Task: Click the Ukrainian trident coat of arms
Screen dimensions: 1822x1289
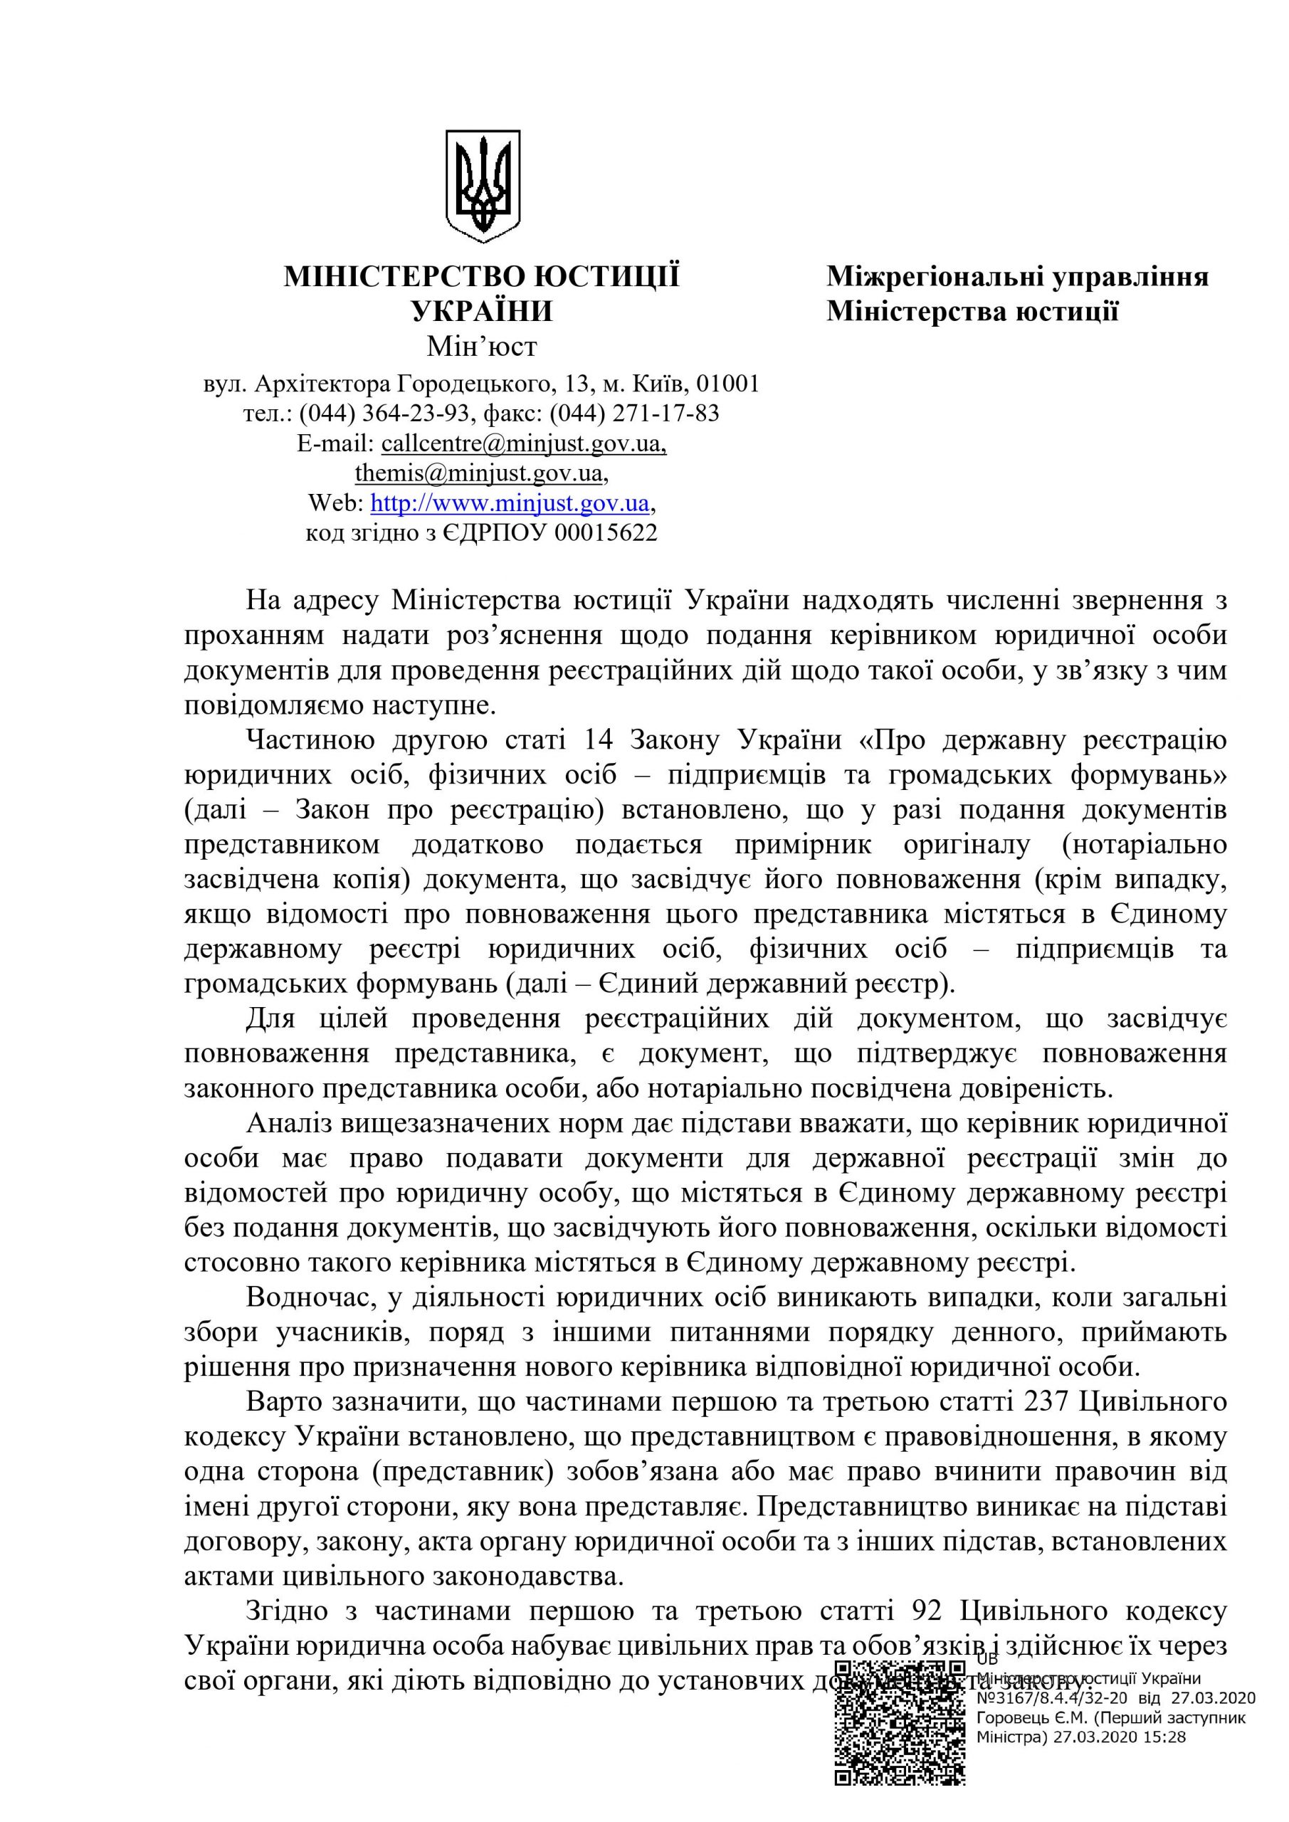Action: coord(483,186)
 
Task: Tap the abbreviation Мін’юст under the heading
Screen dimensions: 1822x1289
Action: coord(482,347)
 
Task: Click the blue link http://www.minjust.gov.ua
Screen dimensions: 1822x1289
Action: coord(510,503)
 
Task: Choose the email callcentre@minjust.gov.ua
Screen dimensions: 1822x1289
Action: coord(523,443)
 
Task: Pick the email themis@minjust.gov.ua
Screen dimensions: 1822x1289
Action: coord(478,473)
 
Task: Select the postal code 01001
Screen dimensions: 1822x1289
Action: coord(727,384)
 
